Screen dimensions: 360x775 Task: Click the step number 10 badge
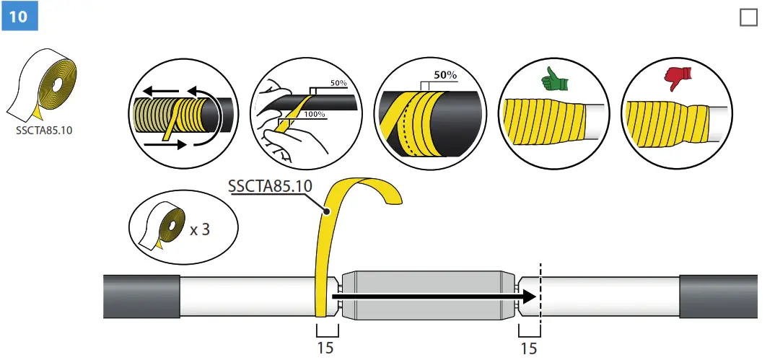tap(19, 16)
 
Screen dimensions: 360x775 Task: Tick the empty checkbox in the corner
tap(749, 17)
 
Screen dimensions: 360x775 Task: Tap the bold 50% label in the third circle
tap(446, 75)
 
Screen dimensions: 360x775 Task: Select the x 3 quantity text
tap(200, 231)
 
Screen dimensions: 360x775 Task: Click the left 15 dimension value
tap(325, 348)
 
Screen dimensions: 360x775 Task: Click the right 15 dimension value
tap(529, 348)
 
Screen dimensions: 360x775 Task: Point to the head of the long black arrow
tap(530, 296)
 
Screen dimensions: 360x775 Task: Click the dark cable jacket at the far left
tap(141, 296)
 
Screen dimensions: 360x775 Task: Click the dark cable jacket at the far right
tap(718, 296)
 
